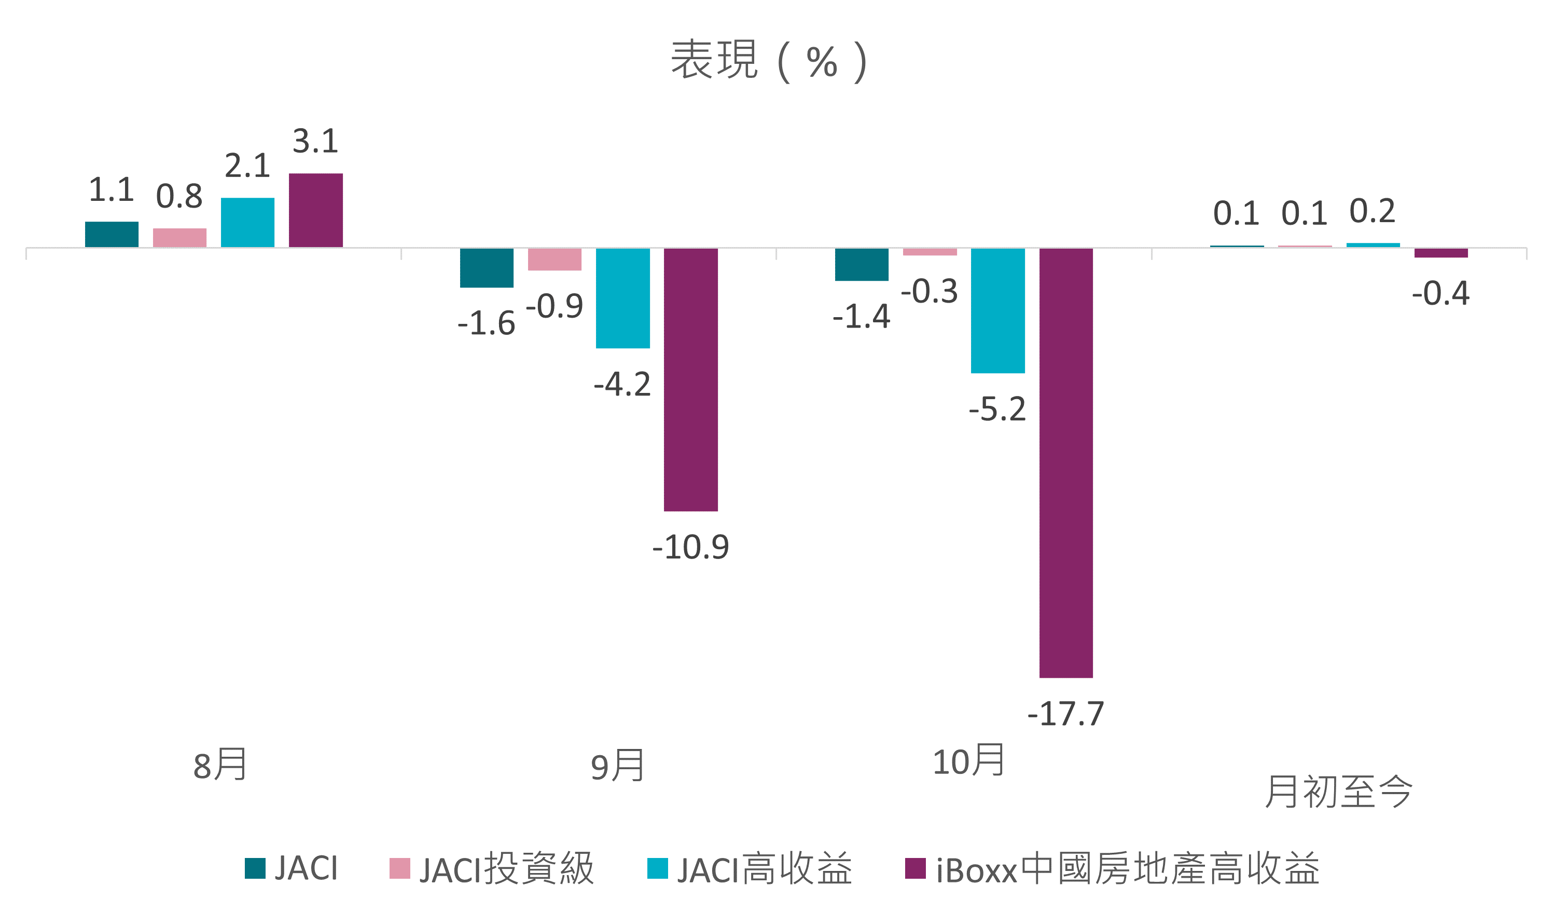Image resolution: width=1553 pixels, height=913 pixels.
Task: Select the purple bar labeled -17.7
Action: [1066, 463]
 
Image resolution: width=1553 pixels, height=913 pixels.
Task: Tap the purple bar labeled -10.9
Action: [691, 380]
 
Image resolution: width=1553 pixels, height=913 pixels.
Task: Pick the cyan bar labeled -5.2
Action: [998, 311]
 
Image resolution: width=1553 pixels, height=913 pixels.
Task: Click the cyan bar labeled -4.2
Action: [623, 298]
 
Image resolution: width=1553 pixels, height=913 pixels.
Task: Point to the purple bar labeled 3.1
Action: [315, 210]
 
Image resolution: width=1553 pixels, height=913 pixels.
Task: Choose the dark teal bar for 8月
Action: [112, 234]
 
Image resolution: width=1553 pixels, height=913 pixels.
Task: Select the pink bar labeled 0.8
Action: [179, 238]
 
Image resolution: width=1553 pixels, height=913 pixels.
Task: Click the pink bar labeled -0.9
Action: [554, 260]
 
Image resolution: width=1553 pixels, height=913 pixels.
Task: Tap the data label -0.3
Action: [930, 292]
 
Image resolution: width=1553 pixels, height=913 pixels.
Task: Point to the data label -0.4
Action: [1441, 293]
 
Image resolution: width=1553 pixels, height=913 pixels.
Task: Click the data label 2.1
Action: [247, 166]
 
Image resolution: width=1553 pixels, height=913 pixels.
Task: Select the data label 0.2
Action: [1372, 211]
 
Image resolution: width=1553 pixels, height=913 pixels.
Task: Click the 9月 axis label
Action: [617, 765]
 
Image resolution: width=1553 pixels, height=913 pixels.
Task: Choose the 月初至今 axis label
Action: [1339, 792]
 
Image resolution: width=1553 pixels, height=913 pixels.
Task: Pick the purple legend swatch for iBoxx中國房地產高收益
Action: [915, 868]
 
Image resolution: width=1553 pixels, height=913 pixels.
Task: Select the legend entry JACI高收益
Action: [750, 868]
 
